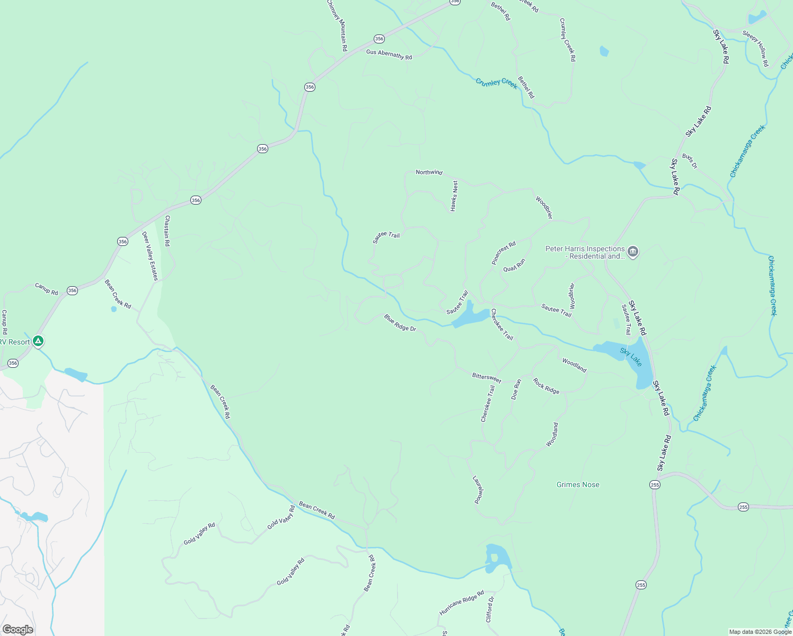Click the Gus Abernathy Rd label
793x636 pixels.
389,55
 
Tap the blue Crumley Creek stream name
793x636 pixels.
497,83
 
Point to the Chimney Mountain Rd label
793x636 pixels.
337,25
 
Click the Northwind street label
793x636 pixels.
429,172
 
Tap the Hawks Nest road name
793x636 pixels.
454,196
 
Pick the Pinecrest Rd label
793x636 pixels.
504,253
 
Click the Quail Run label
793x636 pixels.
514,265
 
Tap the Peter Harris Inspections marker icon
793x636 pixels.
632,252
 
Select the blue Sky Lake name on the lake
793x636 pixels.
631,357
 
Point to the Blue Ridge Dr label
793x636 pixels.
400,323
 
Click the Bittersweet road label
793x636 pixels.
487,378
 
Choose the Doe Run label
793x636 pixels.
516,389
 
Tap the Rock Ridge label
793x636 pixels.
546,386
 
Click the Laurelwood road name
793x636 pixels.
478,489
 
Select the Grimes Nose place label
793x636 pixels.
578,484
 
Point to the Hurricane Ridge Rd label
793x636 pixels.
462,603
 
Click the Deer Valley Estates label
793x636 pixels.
150,256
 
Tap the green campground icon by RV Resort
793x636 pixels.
38,341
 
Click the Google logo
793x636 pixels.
17,630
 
